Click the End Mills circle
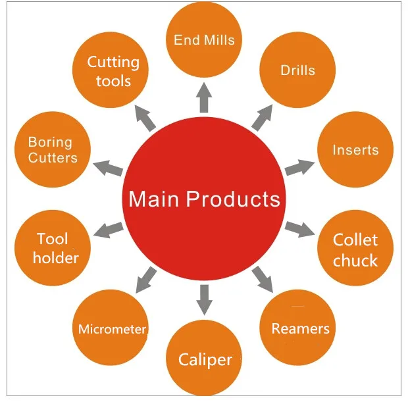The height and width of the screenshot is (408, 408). (x=204, y=39)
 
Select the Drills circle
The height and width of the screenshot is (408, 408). (x=297, y=70)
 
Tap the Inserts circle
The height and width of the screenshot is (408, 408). (x=355, y=150)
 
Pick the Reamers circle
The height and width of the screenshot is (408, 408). (x=300, y=328)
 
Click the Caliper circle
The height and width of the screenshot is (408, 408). (x=205, y=359)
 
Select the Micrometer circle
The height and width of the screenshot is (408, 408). (x=112, y=328)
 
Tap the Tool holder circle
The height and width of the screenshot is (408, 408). (x=55, y=248)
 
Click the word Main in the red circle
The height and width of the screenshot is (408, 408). (x=155, y=199)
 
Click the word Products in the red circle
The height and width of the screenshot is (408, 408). (x=233, y=199)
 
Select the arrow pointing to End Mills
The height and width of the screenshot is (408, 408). (x=204, y=97)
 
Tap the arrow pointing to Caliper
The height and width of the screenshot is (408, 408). (x=205, y=300)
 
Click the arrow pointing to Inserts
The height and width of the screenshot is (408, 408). (x=300, y=166)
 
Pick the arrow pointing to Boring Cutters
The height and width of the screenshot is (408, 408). (x=108, y=167)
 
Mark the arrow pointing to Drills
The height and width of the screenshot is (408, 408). (x=261, y=117)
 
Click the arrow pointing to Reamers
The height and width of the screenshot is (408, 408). (x=263, y=279)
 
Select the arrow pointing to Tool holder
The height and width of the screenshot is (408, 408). (x=109, y=230)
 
